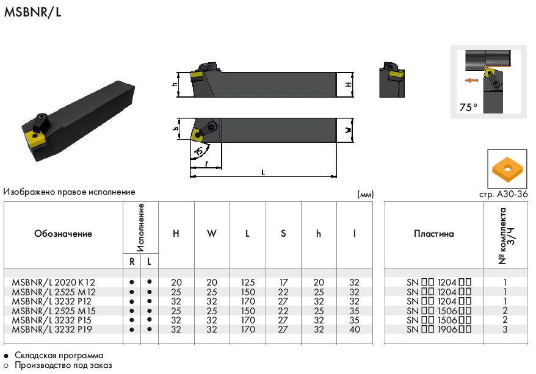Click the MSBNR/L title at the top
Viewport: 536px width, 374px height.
(32, 12)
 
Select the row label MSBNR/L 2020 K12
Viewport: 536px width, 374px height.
(53, 282)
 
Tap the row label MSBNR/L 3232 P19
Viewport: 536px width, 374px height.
(52, 329)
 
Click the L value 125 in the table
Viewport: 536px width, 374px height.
(247, 282)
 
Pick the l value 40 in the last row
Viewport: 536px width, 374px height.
(355, 329)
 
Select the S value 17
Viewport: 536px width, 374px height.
(283, 282)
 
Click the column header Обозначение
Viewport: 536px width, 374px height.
(63, 234)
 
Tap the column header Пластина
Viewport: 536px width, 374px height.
(434, 234)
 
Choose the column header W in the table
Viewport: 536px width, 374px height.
(212, 234)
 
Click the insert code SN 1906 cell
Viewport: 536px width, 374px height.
(439, 329)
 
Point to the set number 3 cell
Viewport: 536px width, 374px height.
(505, 329)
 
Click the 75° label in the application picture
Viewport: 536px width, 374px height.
(468, 107)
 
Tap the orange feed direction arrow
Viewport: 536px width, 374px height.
(472, 81)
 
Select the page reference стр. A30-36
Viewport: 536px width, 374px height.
(503, 195)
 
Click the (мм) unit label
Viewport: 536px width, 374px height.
(366, 195)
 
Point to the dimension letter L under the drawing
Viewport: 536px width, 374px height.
(263, 173)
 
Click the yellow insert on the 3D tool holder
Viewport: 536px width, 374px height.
(35, 139)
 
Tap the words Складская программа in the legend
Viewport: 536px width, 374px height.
(59, 356)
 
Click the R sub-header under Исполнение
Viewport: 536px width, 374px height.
(132, 262)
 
